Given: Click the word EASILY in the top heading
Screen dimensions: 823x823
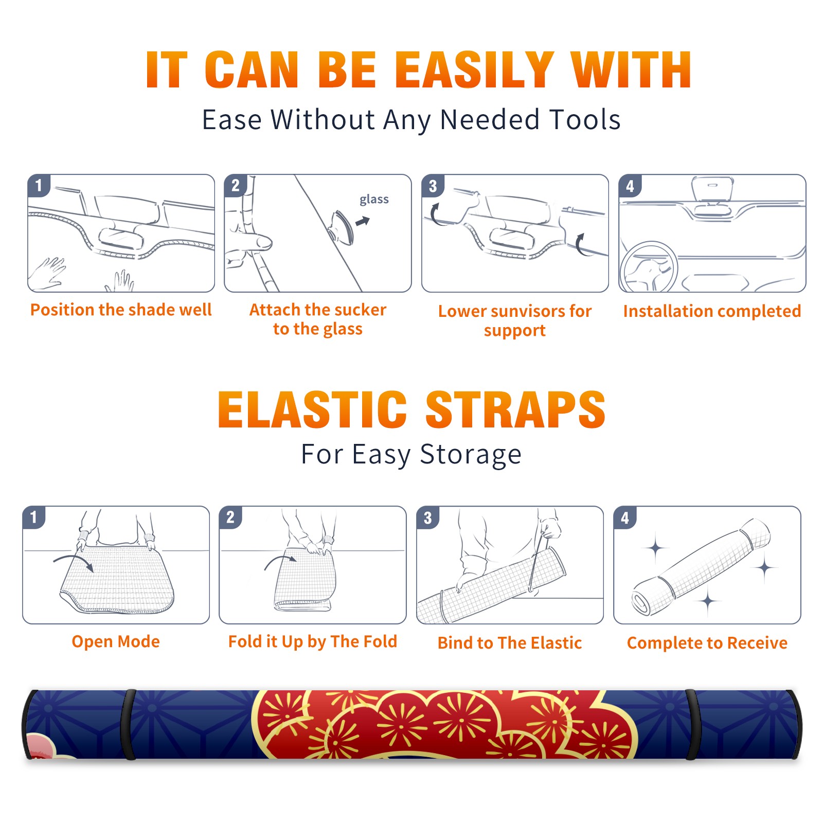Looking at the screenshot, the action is point(474,70).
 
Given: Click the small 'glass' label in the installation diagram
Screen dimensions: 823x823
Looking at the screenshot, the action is point(374,200).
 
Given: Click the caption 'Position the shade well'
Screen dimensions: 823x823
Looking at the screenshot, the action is point(121,310).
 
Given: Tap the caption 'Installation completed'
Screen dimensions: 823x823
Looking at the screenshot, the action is point(712,311).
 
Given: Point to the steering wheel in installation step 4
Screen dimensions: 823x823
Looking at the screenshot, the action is point(649,267).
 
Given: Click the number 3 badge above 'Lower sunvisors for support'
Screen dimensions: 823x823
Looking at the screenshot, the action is point(433,186).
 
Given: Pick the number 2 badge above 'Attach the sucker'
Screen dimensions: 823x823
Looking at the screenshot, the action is point(236,185).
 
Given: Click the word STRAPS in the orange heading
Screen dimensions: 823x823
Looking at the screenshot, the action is point(515,409).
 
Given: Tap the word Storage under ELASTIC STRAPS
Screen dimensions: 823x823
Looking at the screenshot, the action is point(471,455).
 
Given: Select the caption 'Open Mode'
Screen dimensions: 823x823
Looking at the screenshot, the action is point(116,641).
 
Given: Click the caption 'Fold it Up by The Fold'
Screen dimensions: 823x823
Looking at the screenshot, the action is point(313,641).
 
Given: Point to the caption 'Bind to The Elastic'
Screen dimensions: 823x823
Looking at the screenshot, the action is point(510,643).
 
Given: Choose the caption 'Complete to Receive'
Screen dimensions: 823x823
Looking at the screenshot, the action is point(707,643).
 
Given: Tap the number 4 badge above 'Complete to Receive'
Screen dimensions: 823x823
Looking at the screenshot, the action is point(625,517).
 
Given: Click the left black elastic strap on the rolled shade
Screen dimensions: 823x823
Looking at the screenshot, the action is point(128,724).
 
